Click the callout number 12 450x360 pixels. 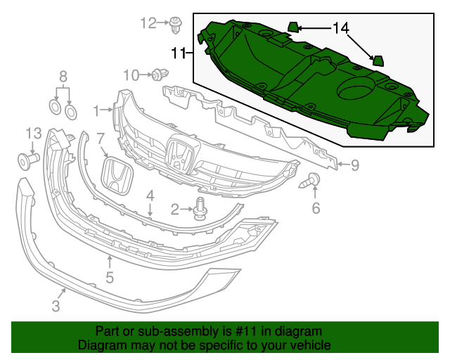(148, 23)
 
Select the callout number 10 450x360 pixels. (131, 75)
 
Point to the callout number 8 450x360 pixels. (63, 76)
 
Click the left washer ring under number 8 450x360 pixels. (55, 107)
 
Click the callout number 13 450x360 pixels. (34, 133)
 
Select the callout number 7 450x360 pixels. (101, 139)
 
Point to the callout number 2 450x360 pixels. (176, 209)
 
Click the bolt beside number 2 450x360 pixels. (200, 208)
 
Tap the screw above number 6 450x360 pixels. (311, 181)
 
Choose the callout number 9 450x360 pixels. (355, 166)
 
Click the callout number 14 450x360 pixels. (340, 28)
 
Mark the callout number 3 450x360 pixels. (56, 306)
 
